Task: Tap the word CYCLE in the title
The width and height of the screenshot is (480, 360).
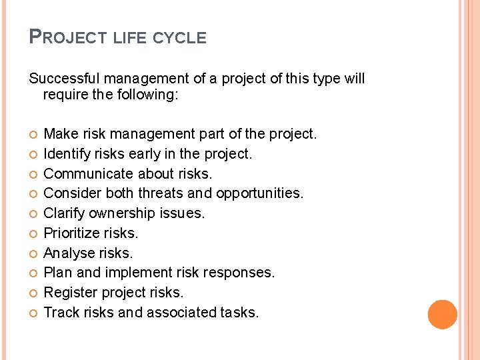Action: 179,38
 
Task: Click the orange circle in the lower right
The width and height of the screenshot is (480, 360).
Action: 442,315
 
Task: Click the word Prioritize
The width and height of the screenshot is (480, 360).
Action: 71,233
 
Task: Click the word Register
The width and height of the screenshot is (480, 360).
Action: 70,292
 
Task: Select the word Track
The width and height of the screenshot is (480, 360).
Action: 60,311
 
